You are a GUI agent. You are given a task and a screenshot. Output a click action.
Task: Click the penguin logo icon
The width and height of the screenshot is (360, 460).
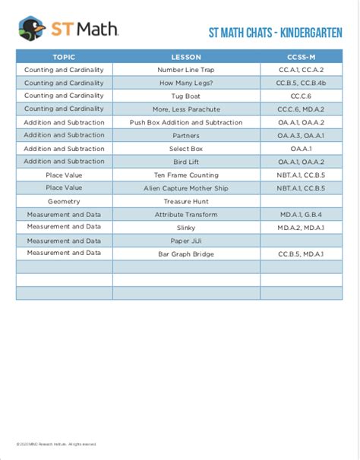click(x=32, y=30)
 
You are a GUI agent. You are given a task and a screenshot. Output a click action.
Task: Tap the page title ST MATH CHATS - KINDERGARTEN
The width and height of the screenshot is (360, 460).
click(x=275, y=33)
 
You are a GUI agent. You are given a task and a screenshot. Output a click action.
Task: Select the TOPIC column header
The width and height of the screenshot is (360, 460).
click(x=64, y=57)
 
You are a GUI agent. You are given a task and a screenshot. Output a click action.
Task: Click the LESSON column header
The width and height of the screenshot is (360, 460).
click(x=186, y=57)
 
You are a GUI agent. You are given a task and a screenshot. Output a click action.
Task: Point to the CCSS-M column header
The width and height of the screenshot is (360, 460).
click(x=301, y=57)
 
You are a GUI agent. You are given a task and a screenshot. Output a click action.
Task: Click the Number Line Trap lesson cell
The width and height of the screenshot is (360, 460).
click(x=186, y=70)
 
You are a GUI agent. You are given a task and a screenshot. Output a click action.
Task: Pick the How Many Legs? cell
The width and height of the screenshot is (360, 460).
click(x=186, y=83)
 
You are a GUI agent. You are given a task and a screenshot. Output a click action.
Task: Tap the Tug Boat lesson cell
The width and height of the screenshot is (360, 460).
click(x=186, y=96)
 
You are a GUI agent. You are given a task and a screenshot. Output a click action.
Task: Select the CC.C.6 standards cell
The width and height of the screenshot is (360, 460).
click(x=301, y=96)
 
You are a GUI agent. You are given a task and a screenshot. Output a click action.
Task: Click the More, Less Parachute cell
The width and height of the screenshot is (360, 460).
click(x=186, y=109)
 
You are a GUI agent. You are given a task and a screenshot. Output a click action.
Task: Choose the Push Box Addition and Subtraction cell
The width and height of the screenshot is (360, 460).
click(x=186, y=122)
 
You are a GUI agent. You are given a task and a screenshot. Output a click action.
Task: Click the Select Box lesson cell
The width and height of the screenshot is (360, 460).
click(x=186, y=149)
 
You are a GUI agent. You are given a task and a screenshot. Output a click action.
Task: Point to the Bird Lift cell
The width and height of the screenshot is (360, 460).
click(x=186, y=162)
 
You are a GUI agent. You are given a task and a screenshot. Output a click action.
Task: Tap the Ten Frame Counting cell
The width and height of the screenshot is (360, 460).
click(x=186, y=175)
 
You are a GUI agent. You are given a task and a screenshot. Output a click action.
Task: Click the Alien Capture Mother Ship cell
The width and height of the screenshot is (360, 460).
click(x=186, y=187)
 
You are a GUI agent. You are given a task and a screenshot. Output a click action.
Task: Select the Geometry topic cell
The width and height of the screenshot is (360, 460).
click(x=64, y=201)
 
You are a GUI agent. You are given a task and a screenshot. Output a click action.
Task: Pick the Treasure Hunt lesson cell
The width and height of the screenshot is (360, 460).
click(x=186, y=201)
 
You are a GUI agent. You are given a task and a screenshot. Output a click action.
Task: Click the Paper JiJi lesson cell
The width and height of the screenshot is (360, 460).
click(x=186, y=240)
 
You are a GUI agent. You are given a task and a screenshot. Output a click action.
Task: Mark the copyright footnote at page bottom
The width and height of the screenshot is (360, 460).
click(x=56, y=444)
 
